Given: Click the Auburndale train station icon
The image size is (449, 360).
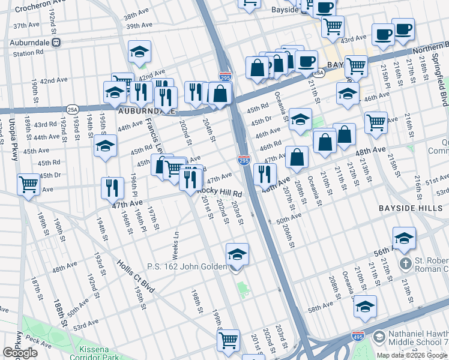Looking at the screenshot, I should (x=56, y=43).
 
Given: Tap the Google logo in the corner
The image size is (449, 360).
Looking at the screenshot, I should (x=20, y=353).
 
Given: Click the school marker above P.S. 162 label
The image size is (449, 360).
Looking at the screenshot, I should (x=238, y=254).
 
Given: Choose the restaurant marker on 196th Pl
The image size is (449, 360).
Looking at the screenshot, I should (x=112, y=187).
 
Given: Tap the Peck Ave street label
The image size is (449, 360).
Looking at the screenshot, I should (x=38, y=343).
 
